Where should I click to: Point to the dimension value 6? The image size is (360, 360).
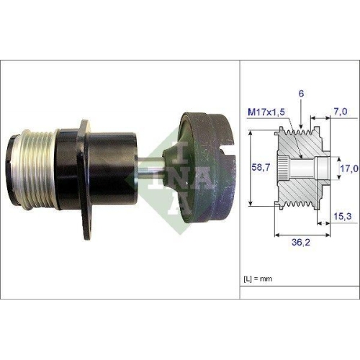[300, 94]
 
